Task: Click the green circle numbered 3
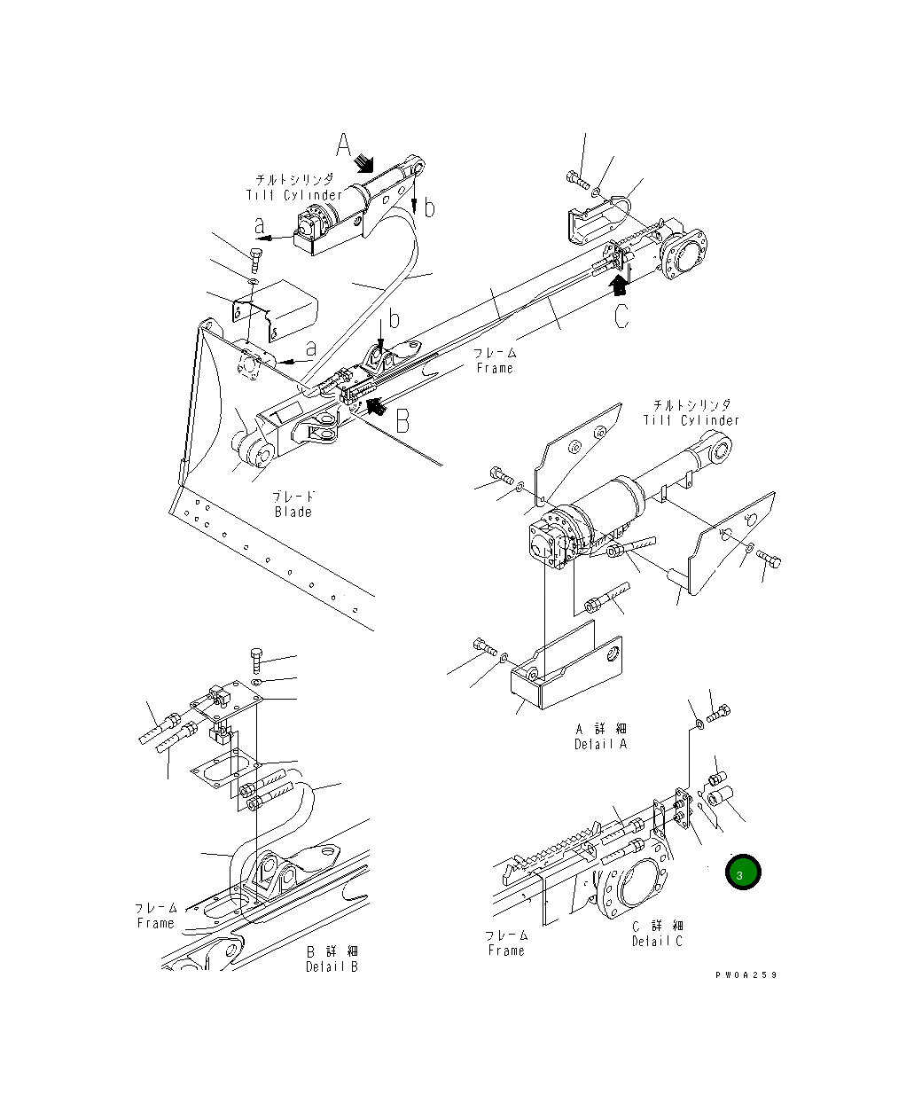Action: [743, 872]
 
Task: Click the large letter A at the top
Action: [344, 145]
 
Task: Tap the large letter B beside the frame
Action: [402, 420]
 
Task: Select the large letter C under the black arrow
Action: [622, 316]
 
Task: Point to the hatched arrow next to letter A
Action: [363, 162]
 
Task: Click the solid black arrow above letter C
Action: [620, 283]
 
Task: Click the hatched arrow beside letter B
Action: [376, 407]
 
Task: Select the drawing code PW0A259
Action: [746, 974]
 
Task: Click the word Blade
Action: [293, 512]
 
